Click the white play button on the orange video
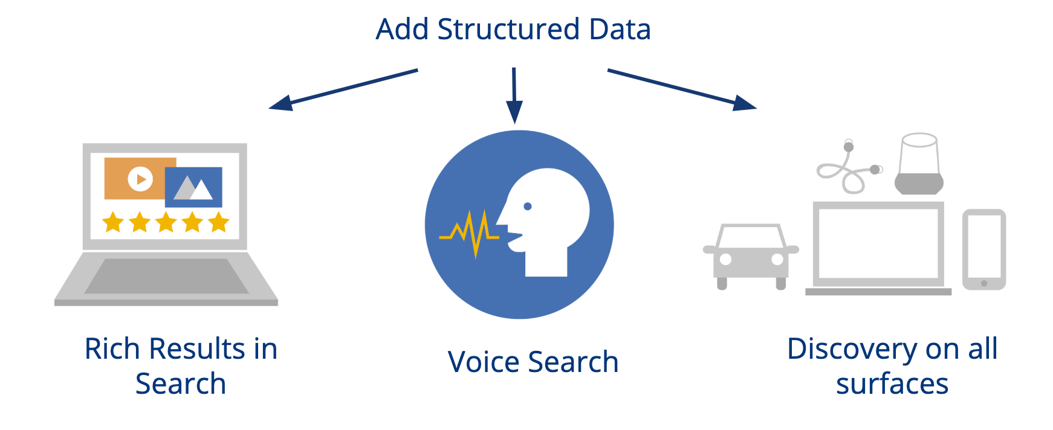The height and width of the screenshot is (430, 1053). [x=140, y=179]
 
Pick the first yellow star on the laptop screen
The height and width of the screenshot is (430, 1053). [x=113, y=222]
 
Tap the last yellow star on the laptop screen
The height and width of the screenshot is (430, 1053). [x=219, y=222]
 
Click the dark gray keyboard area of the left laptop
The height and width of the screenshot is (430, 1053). [x=166, y=276]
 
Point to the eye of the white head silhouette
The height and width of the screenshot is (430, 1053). [x=528, y=207]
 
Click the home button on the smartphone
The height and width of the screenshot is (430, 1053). [x=984, y=283]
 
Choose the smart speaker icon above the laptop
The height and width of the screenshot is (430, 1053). [x=919, y=164]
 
